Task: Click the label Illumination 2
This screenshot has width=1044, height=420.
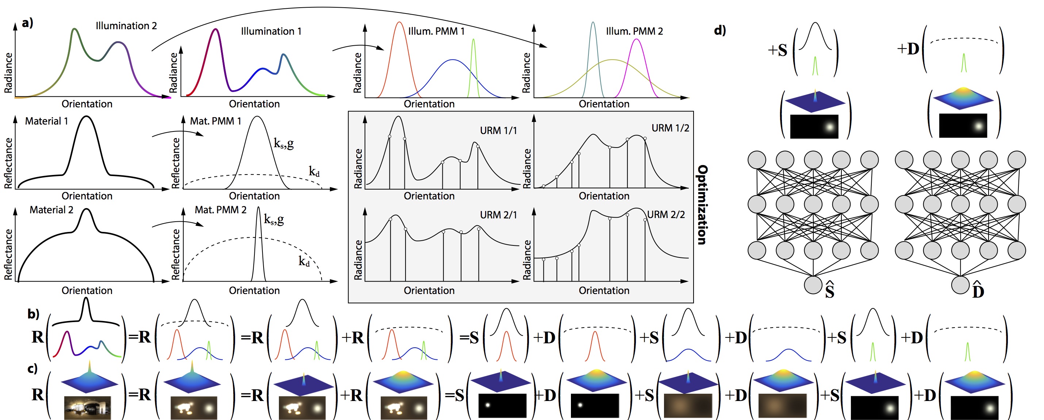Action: (x=126, y=26)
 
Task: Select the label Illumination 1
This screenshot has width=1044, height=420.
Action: (x=271, y=31)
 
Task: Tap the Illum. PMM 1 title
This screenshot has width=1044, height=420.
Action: (x=436, y=31)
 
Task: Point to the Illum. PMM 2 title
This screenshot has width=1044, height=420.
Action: (x=634, y=31)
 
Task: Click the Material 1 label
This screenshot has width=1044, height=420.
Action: (x=47, y=121)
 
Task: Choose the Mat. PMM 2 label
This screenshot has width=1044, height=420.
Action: (x=220, y=210)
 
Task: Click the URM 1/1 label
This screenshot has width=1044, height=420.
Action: (x=499, y=130)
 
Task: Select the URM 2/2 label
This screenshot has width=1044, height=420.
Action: (x=666, y=214)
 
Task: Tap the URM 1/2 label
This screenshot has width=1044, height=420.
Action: (x=670, y=128)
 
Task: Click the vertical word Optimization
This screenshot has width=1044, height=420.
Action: (x=702, y=205)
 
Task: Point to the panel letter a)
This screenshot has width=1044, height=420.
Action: (x=27, y=23)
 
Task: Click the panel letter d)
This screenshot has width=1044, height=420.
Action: (x=720, y=30)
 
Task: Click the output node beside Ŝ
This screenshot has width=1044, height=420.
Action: (x=813, y=285)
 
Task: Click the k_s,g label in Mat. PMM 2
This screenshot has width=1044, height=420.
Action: (x=274, y=219)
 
